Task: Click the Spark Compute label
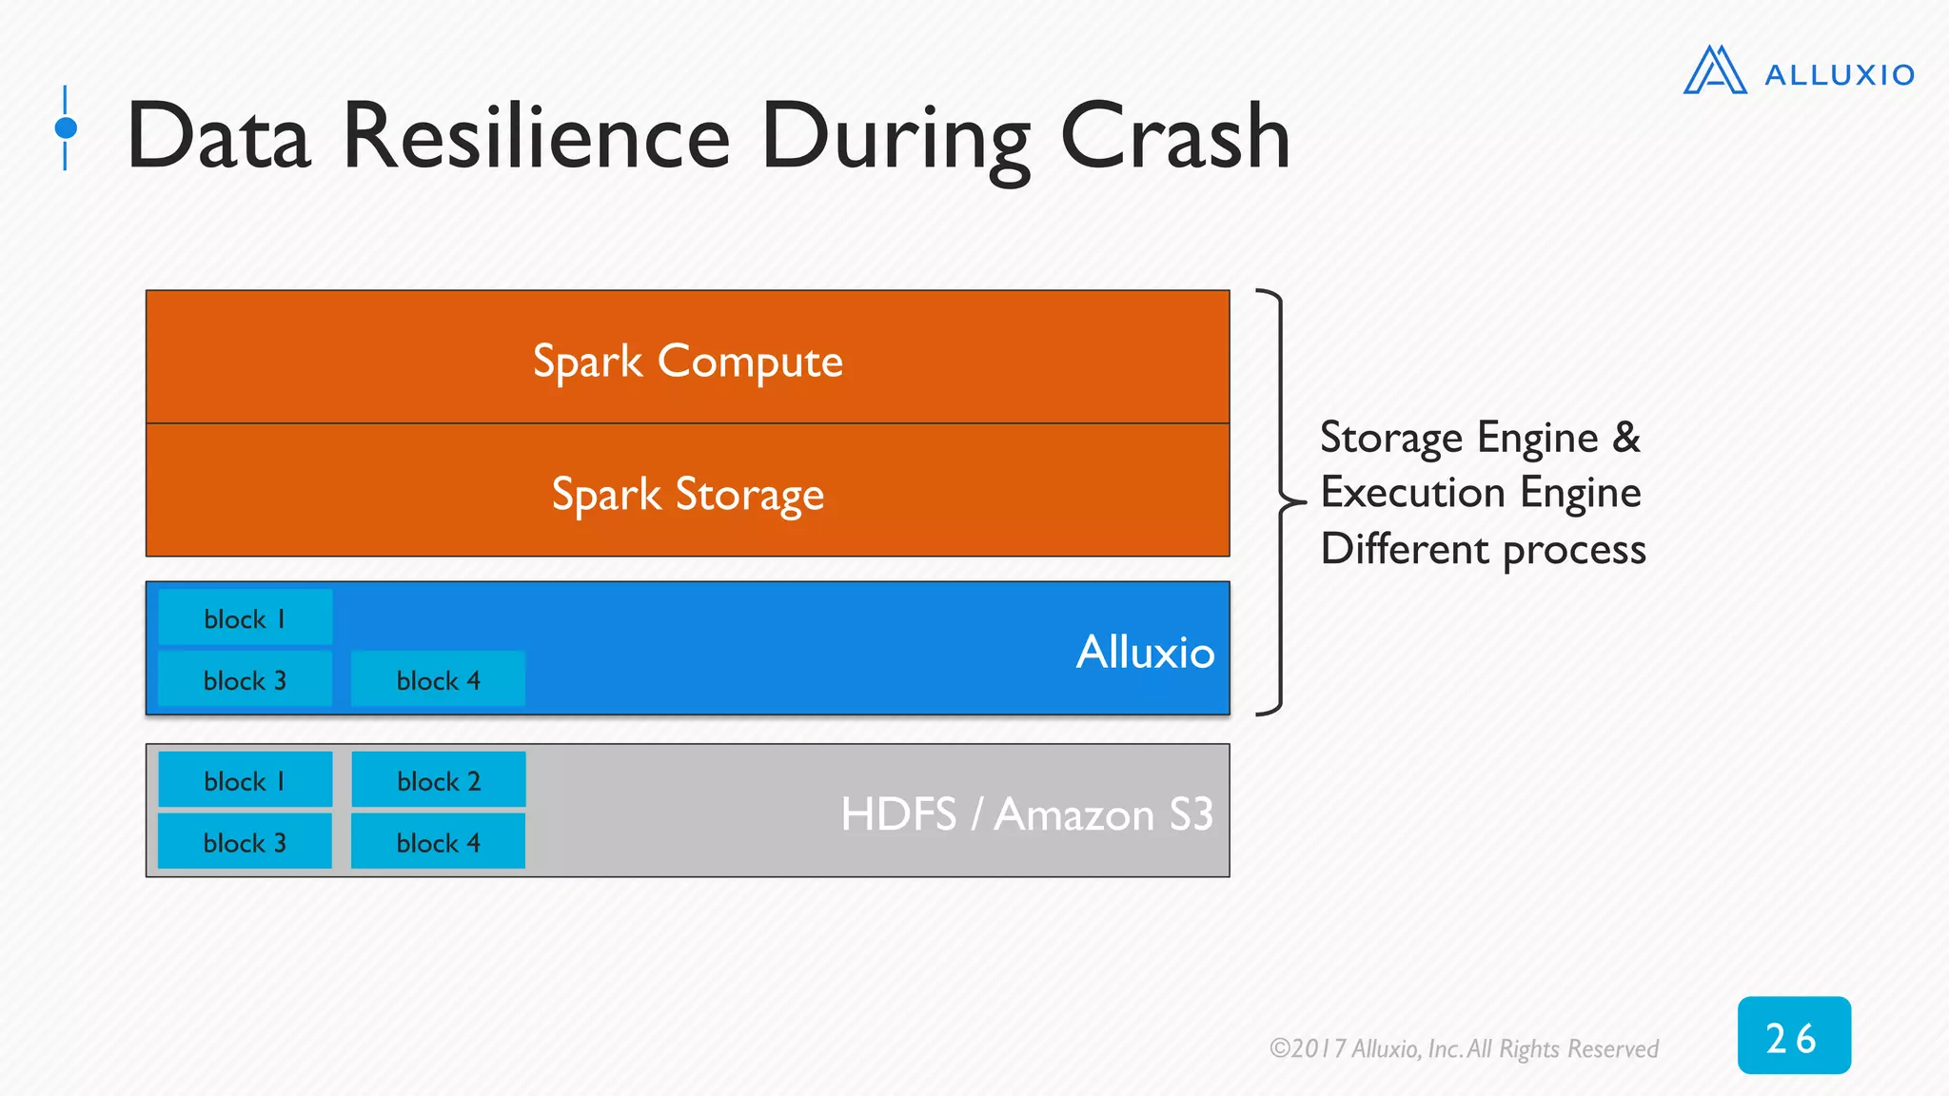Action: pos(687,362)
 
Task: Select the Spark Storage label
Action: pos(687,495)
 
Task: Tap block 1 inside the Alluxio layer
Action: pos(245,618)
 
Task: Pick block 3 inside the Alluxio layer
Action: pos(245,680)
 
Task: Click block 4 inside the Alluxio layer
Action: pos(438,680)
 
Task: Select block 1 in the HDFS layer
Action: pos(245,781)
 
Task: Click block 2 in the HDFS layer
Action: pos(438,781)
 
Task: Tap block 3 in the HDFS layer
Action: pos(245,843)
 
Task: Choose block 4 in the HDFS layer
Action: pos(438,843)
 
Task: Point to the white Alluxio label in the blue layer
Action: pos(1145,653)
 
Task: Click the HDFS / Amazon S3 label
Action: pos(1026,814)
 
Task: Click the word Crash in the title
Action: pos(1174,138)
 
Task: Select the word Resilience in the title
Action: pos(536,138)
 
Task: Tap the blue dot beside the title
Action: pos(66,127)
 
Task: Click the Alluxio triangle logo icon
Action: pos(1715,70)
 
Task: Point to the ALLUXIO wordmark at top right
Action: pos(1839,75)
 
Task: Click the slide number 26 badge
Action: pos(1793,1036)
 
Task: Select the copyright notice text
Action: pos(1464,1048)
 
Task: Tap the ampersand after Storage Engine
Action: pos(1626,438)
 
